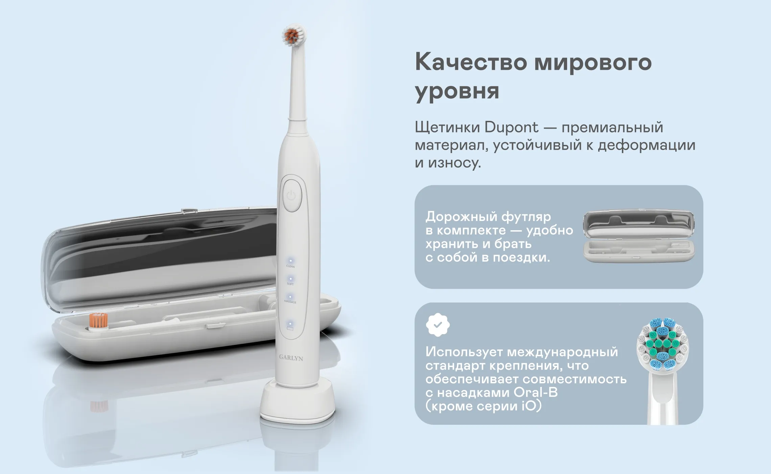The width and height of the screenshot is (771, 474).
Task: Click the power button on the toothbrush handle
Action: (291, 196)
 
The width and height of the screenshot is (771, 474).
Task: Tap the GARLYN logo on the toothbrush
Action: (291, 358)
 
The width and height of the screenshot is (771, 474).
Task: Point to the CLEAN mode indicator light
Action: (290, 261)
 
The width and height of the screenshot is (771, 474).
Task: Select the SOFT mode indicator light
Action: (290, 279)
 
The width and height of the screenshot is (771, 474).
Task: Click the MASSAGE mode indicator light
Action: (290, 297)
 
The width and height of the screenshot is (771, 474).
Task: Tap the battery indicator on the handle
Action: (290, 326)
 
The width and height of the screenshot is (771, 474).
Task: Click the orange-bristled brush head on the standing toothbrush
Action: (294, 35)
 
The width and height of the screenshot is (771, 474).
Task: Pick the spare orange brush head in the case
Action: (98, 321)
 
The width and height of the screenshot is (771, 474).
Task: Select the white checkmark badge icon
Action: (438, 325)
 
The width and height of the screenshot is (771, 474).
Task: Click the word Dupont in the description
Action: (511, 127)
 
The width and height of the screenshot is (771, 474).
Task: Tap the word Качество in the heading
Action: (471, 62)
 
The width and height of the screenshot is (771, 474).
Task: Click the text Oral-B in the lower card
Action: (536, 392)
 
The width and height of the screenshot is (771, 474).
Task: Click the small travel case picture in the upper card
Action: (639, 236)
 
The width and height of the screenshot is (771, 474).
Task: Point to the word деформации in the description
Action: (647, 145)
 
